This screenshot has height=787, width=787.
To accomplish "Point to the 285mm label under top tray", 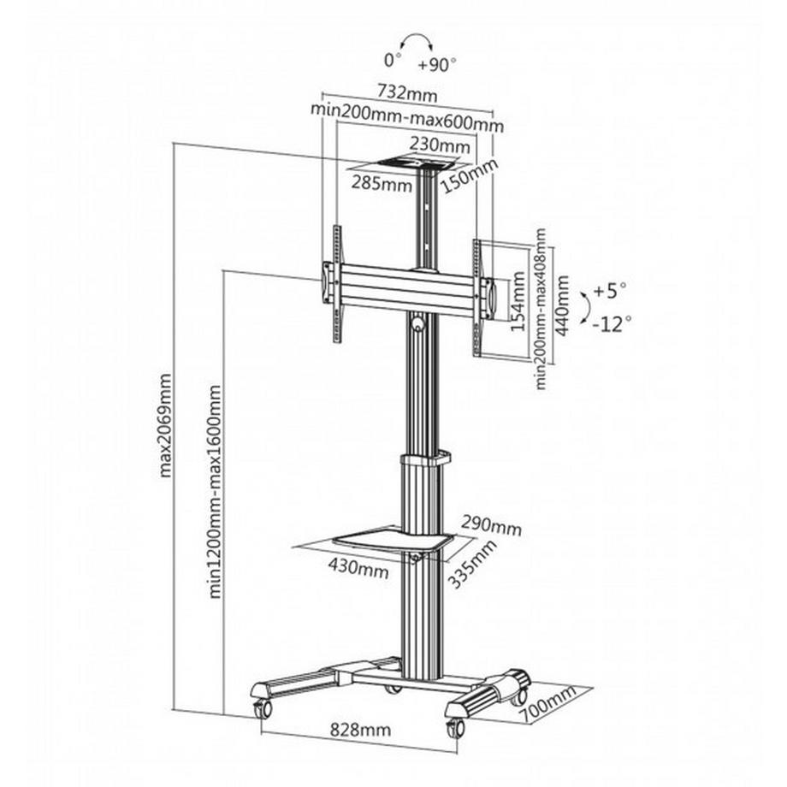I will [x=381, y=184].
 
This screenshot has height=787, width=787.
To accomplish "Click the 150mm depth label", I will [x=469, y=177].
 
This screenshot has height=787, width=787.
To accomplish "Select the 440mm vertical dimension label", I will [x=562, y=306].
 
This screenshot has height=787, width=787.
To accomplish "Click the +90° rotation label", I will [x=438, y=63].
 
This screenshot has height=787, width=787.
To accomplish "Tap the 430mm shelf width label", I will [x=355, y=565].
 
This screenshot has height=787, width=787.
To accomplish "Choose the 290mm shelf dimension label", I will [x=491, y=525].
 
